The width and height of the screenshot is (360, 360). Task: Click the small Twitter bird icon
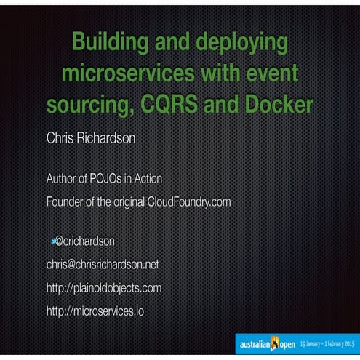53,239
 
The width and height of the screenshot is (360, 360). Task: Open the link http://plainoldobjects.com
103,288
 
